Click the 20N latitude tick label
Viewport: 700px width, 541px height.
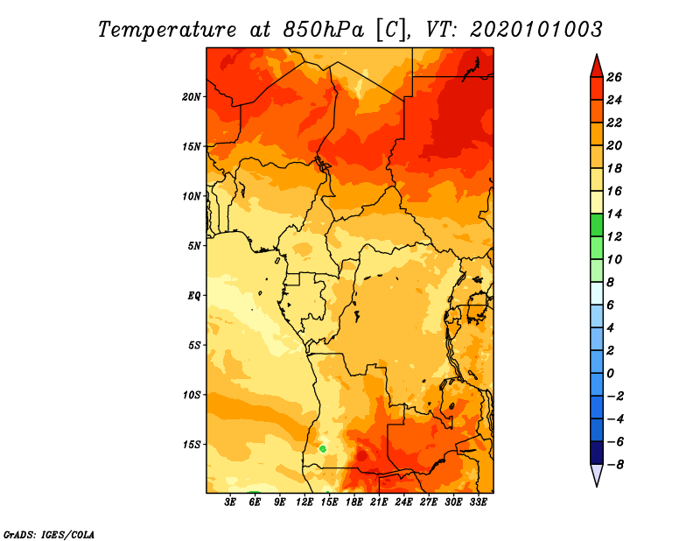[191, 97]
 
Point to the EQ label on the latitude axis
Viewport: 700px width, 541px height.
[193, 296]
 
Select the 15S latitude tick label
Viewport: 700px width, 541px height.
[192, 445]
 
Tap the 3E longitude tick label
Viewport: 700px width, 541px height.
[230, 502]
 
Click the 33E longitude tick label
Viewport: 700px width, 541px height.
[478, 502]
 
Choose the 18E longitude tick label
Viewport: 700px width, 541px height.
[354, 502]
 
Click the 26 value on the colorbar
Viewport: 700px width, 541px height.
[614, 77]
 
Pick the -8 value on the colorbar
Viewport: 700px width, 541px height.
[615, 465]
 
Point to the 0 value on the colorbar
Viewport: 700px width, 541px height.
[610, 374]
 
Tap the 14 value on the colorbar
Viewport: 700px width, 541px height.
[614, 214]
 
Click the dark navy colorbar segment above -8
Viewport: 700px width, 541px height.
[597, 453]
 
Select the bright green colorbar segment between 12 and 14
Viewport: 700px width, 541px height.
[597, 225]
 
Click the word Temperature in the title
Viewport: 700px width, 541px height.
[167, 30]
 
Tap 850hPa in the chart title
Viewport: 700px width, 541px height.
[323, 30]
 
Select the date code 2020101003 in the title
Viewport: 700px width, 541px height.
[536, 30]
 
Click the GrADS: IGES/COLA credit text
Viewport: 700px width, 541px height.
[49, 535]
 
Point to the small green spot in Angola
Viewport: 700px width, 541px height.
[323, 448]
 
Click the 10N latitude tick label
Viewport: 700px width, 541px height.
[191, 196]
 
